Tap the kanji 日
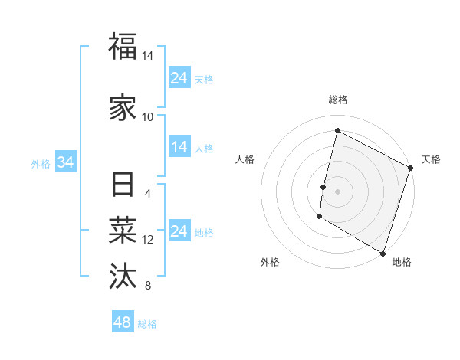(123, 186)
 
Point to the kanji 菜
(123, 230)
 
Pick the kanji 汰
(123, 274)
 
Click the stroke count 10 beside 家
(148, 117)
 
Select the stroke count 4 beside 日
(148, 193)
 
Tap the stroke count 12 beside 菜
(148, 240)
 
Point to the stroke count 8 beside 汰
(148, 286)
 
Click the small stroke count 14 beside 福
(148, 56)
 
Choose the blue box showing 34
(66, 162)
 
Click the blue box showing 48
(123, 322)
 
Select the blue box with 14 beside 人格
(179, 148)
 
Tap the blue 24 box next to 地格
(179, 232)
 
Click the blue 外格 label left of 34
(41, 163)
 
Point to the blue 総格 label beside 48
(147, 324)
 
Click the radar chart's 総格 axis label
(337, 100)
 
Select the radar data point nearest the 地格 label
(383, 253)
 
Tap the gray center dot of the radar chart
(337, 191)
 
